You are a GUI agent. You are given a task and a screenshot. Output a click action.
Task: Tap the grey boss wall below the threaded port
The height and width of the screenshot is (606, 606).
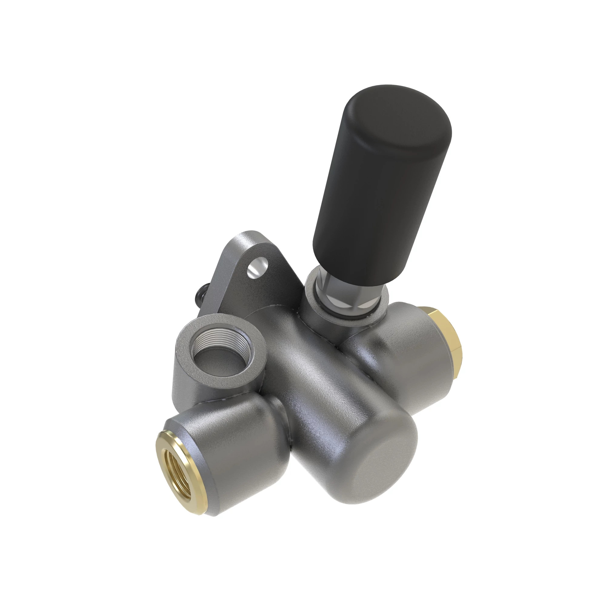pyautogui.click(x=191, y=386)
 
